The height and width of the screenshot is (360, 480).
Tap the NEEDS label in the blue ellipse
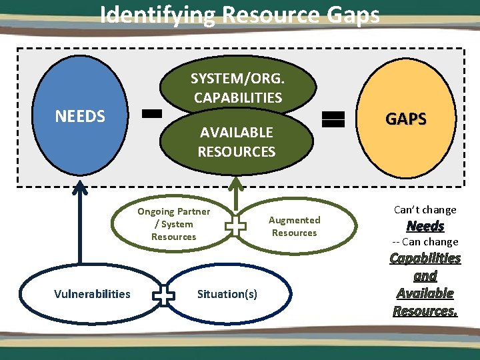[x=80, y=116]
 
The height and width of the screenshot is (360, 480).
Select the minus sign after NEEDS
[x=153, y=114]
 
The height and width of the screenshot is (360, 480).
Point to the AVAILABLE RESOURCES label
[x=236, y=142]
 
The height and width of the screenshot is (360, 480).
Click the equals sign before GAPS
[x=333, y=119]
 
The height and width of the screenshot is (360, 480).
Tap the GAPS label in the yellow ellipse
[x=406, y=119]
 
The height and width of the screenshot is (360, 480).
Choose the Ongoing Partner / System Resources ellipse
[x=173, y=224]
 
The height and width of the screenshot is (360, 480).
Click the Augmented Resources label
[x=294, y=226]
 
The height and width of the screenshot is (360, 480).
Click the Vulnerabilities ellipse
[x=92, y=294]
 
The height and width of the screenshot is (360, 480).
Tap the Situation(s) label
[x=227, y=294]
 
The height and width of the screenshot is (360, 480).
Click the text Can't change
[x=425, y=209]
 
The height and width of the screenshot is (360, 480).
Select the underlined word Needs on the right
[x=425, y=226]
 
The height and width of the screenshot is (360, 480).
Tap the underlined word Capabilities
[x=425, y=258]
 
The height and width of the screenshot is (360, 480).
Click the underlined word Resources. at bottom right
[x=425, y=311]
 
